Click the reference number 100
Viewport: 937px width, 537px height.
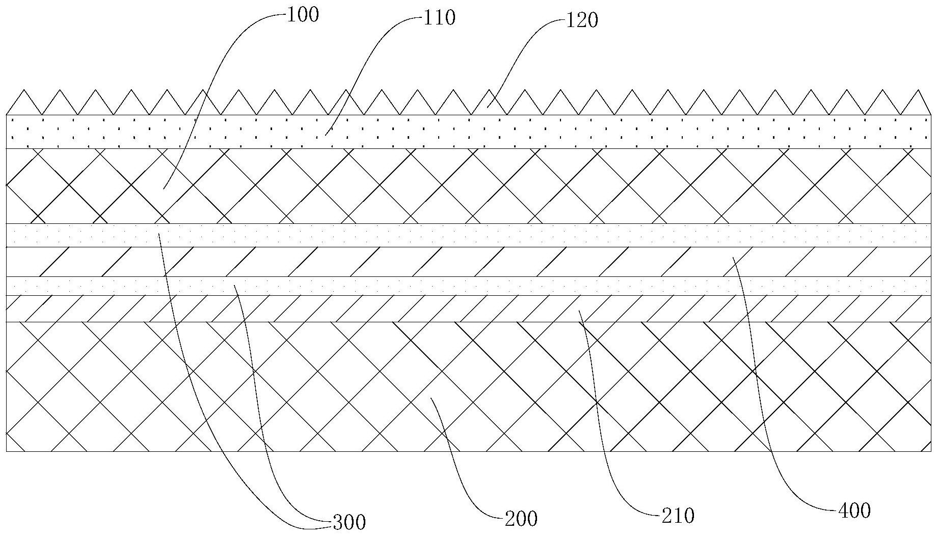coord(303,15)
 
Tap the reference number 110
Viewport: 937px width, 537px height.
coord(439,18)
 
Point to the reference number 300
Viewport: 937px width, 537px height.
coord(349,522)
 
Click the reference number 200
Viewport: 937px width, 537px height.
coord(521,519)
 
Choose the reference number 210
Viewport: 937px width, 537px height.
coord(678,516)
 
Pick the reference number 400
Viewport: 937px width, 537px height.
coord(854,510)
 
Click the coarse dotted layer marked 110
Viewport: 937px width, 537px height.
coord(459,132)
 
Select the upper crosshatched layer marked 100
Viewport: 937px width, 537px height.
coord(459,186)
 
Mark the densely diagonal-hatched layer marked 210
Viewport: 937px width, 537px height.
coord(459,309)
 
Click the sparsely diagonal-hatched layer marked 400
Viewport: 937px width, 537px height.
coord(459,262)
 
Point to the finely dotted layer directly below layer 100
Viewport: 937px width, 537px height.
coord(459,235)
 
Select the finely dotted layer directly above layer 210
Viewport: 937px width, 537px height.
coord(459,286)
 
